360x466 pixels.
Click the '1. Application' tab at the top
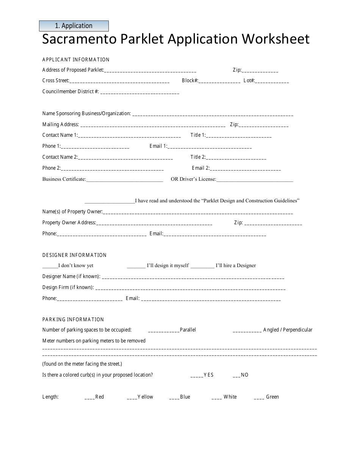[x=74, y=26]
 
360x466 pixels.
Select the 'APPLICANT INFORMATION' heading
[x=76, y=59]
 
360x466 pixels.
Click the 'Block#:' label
[x=190, y=81]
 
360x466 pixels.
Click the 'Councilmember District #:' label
[x=70, y=91]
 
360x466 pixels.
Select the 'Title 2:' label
[x=198, y=157]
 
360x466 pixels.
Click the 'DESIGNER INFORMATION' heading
[x=75, y=255]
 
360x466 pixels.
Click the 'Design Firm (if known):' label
[x=68, y=287]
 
